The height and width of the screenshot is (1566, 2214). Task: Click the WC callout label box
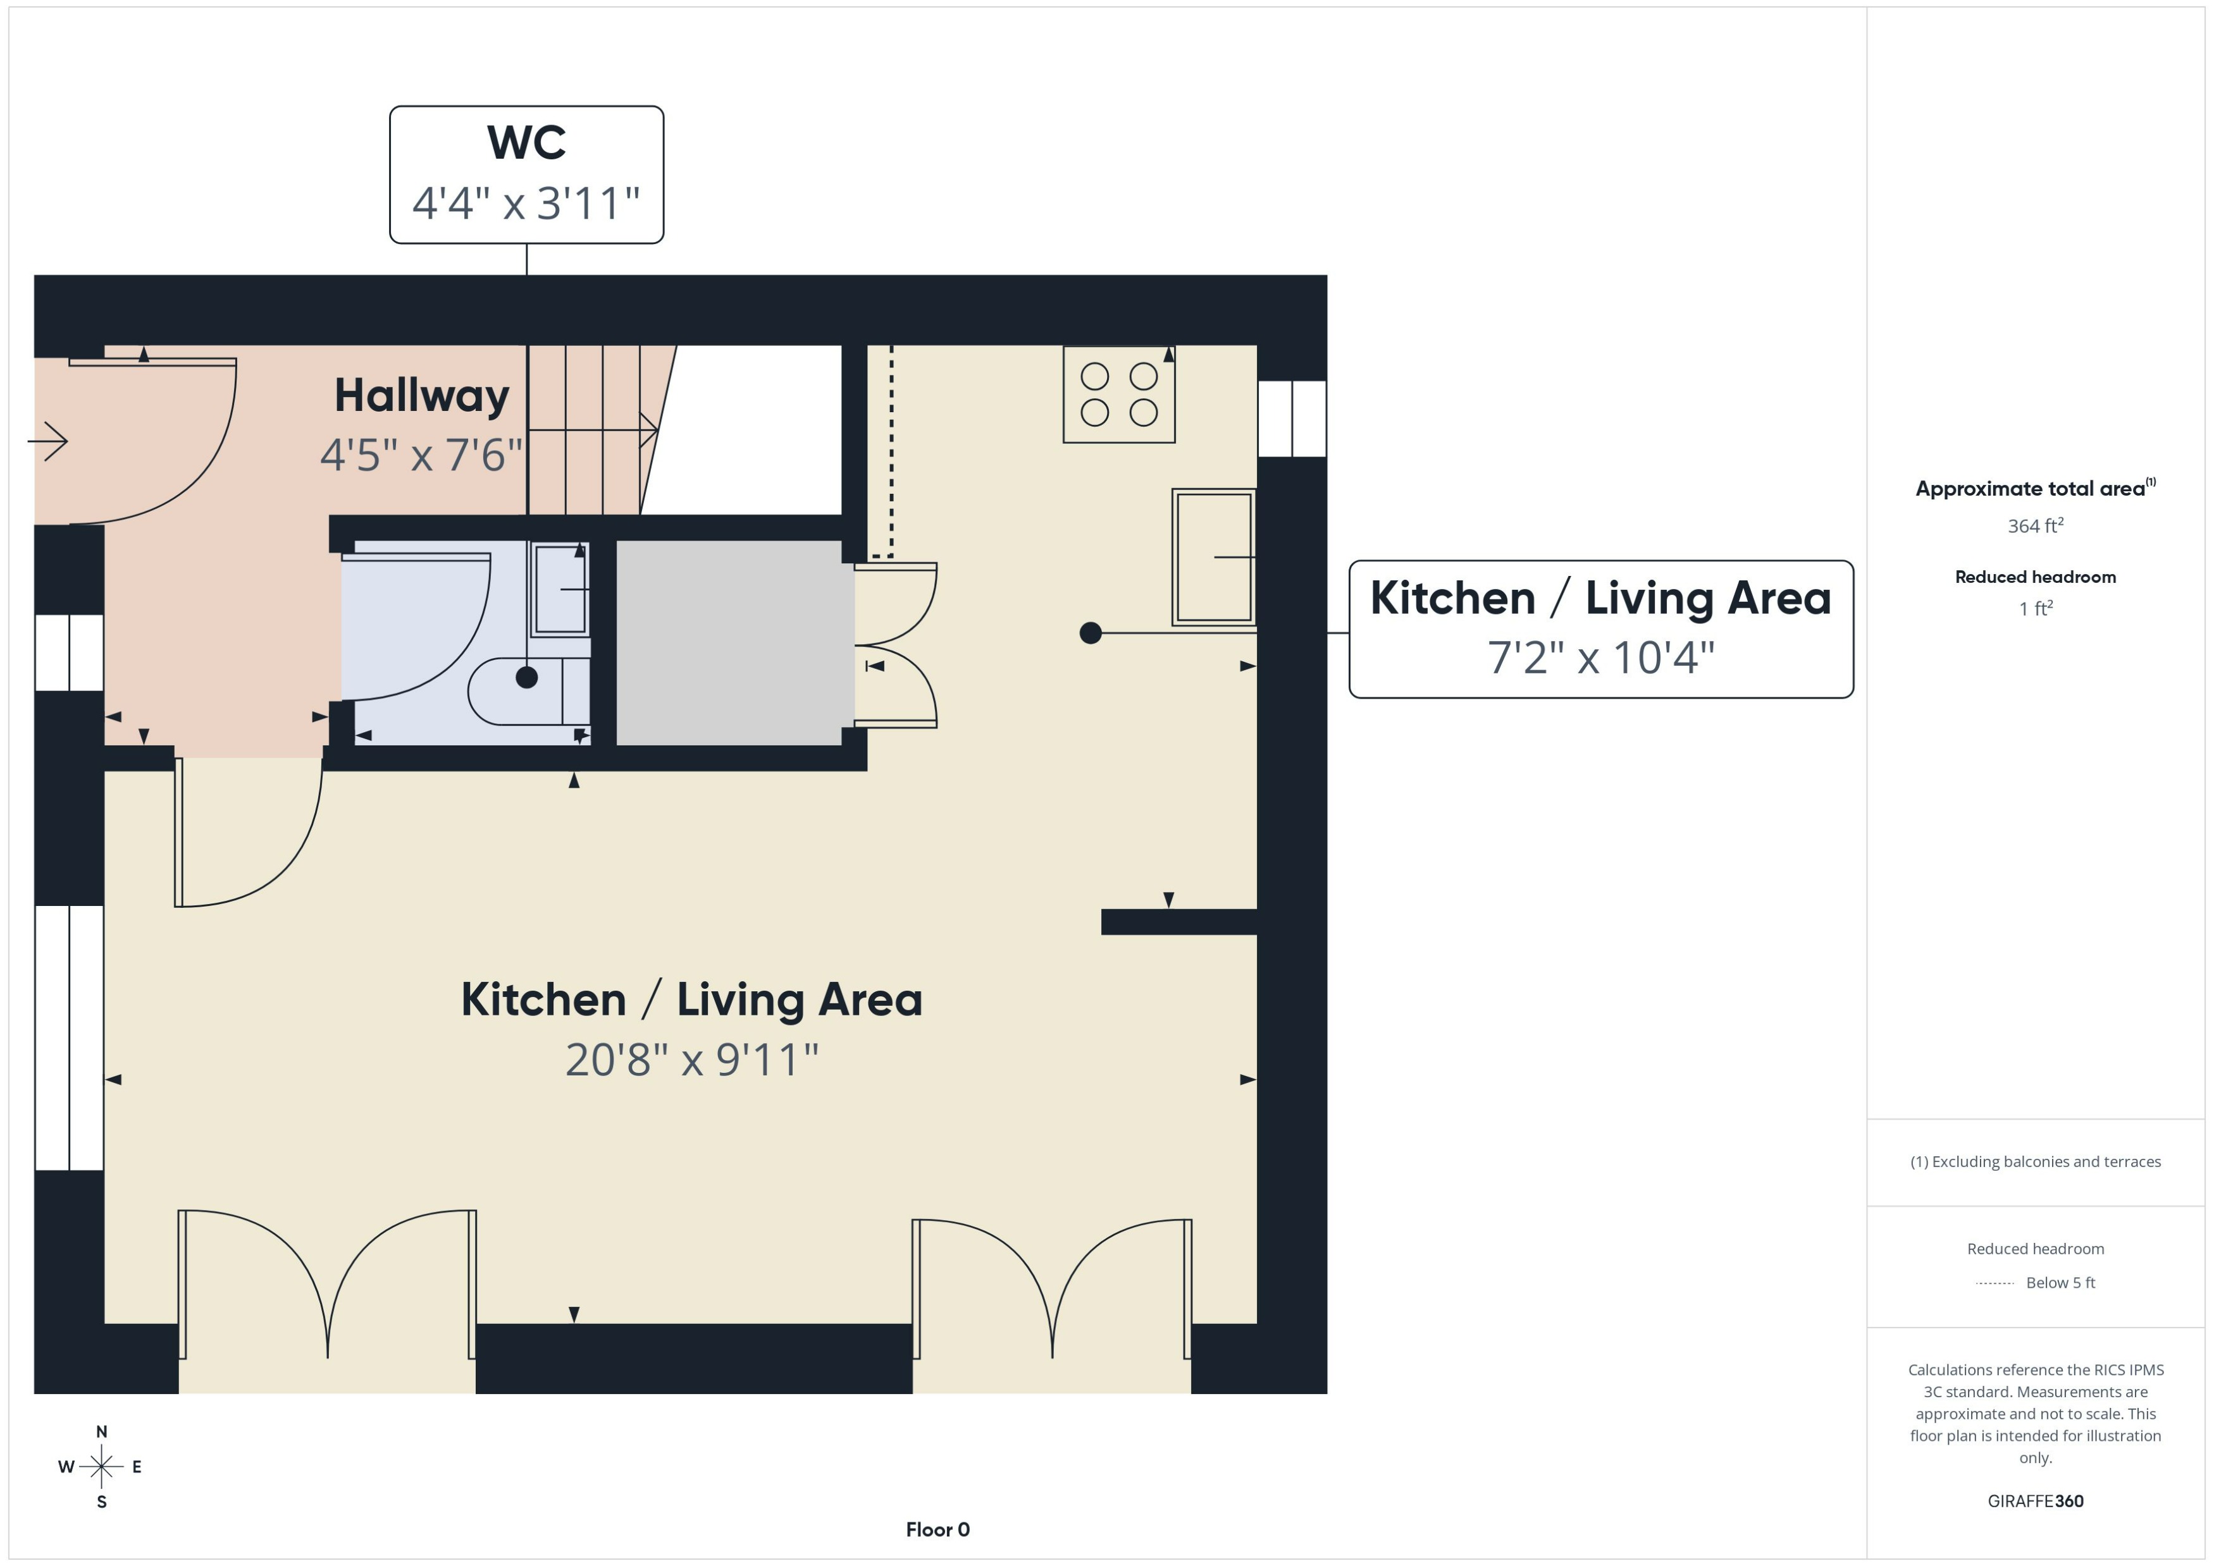click(x=526, y=174)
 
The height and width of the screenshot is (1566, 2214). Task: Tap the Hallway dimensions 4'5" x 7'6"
click(x=421, y=455)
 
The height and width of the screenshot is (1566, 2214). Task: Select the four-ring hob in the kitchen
click(x=1118, y=395)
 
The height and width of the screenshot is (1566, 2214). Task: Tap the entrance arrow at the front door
click(x=48, y=442)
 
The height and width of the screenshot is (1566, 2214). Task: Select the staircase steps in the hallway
click(x=584, y=429)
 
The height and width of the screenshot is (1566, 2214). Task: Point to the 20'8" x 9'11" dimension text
click(x=691, y=1060)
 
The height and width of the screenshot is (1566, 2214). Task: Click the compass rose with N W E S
click(x=101, y=1467)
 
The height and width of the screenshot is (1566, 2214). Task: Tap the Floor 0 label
click(x=937, y=1529)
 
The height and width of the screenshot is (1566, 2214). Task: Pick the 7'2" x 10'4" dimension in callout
click(x=1600, y=658)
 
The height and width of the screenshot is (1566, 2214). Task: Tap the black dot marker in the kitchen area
click(x=1090, y=633)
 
